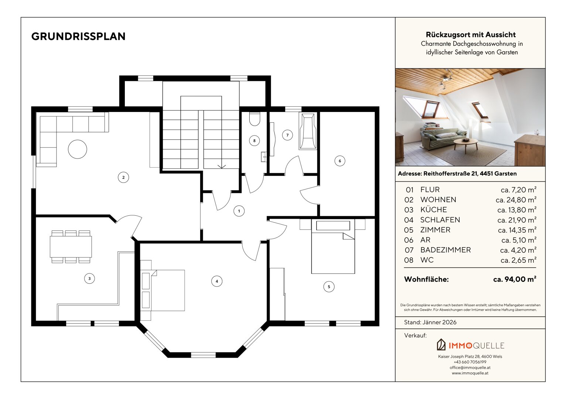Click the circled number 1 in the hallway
[239, 211]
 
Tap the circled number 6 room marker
[340, 161]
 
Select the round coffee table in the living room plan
[78, 149]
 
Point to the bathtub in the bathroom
[308, 131]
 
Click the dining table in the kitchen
[71, 247]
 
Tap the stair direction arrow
[222, 167]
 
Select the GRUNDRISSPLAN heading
[78, 36]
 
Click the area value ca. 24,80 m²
[516, 200]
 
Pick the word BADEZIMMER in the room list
[445, 250]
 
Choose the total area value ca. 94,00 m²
[515, 279]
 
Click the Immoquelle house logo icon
[441, 345]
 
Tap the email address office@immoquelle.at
[470, 368]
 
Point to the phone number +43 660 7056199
[470, 362]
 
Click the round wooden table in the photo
[465, 144]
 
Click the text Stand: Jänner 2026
[430, 322]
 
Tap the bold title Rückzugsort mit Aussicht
[471, 35]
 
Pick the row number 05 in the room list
[409, 230]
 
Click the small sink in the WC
[264, 157]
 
